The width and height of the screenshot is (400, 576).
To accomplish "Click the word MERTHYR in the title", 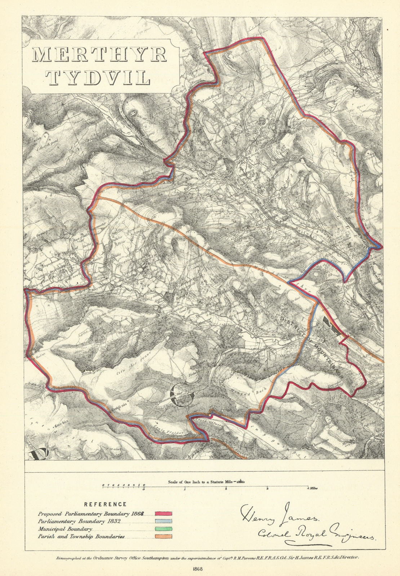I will (x=100, y=55).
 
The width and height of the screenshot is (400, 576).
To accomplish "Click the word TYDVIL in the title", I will (x=100, y=76).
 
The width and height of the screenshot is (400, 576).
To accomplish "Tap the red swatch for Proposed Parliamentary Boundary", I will (x=164, y=513).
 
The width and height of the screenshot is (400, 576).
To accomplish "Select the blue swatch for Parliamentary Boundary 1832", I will (x=164, y=521).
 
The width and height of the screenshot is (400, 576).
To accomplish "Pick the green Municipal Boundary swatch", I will (x=164, y=529).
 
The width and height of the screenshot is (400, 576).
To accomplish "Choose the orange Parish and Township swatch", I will (x=164, y=536).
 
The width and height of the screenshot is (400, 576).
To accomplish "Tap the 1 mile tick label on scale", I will (x=185, y=489).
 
